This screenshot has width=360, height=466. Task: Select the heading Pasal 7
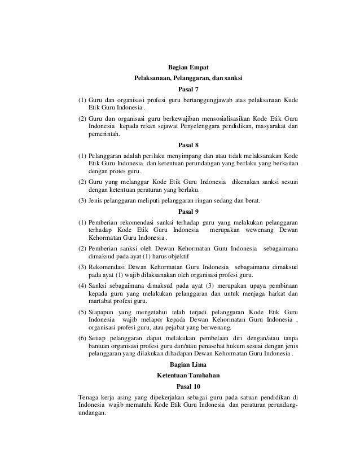[x=188, y=89]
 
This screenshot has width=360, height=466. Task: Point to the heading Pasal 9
[x=188, y=212]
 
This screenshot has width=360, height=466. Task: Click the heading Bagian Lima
[x=188, y=364]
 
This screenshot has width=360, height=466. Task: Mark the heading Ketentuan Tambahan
[x=188, y=375]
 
